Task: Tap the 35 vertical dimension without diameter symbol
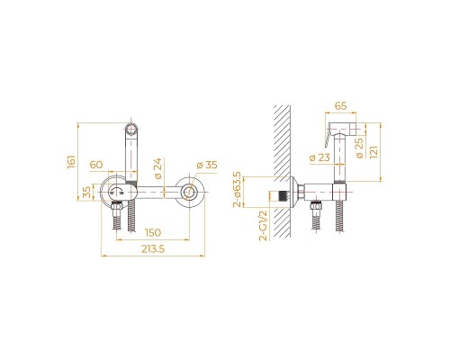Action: tap(85, 193)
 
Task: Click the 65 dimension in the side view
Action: tap(339, 106)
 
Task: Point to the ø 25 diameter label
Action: tap(360, 148)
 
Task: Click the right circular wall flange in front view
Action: tap(191, 193)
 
